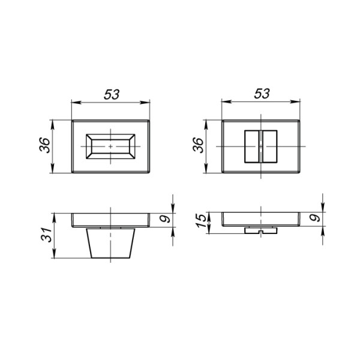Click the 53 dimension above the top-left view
112,94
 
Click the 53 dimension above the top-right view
262,94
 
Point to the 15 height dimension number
201,220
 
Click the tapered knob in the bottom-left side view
110,243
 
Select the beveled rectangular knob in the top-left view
110,146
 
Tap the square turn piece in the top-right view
260,146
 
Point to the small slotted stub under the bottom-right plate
260,230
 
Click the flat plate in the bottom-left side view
110,220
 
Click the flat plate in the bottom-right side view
260,219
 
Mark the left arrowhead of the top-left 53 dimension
74,103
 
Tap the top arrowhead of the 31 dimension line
53,215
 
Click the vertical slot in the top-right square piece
260,146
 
